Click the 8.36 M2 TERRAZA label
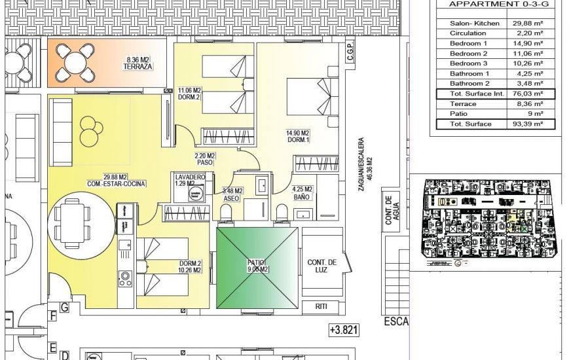click(138, 63)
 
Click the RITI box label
click(321, 306)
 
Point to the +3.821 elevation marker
click(344, 331)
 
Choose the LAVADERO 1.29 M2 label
click(190, 181)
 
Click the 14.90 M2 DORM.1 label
click(297, 136)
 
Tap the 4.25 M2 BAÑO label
click(302, 193)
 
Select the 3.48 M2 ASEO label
click(233, 194)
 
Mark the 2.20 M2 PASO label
click(205, 158)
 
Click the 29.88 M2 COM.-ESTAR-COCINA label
click(115, 180)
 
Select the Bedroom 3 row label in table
click(468, 63)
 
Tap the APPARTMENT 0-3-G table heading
click(498, 4)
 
